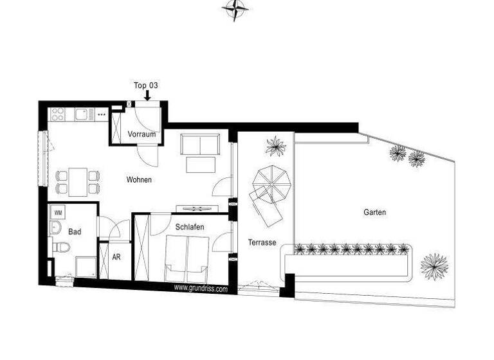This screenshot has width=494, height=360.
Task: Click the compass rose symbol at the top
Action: [x=236, y=10]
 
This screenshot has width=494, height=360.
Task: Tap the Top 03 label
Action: [x=145, y=85]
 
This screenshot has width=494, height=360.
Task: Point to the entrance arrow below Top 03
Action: [x=147, y=95]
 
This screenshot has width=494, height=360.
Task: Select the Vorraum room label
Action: [x=141, y=135]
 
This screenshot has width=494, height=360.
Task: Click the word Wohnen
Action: [x=139, y=180]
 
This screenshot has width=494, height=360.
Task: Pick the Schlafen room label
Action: [x=189, y=228]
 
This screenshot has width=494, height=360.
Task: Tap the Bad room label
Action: [x=75, y=231]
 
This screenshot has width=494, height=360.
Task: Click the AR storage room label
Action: [x=116, y=256]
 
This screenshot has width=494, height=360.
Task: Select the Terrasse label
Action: [x=262, y=242]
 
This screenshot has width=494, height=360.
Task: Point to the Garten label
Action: [x=374, y=212]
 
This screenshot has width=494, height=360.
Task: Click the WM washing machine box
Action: [x=58, y=212]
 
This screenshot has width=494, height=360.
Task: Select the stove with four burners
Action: [x=57, y=114]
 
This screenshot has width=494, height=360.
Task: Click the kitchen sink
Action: [x=82, y=114]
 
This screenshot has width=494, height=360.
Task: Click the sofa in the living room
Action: [x=200, y=145]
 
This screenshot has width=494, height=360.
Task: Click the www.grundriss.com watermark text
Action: [x=200, y=289]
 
